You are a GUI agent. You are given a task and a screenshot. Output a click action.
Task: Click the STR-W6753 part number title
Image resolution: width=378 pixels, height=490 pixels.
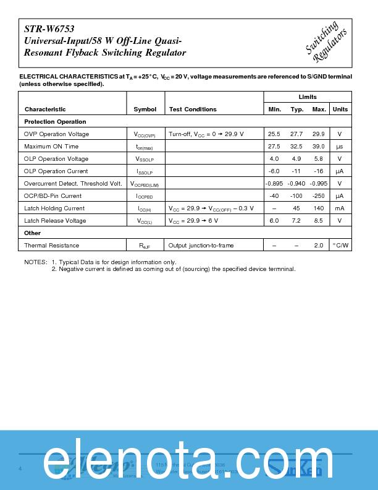click(x=45, y=28)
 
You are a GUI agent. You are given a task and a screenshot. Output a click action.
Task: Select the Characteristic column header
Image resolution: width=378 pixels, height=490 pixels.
click(x=45, y=110)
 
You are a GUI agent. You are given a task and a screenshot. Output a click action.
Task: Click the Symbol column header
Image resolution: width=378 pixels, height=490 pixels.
click(x=145, y=110)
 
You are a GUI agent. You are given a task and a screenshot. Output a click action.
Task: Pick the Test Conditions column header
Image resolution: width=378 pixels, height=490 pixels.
click(x=193, y=110)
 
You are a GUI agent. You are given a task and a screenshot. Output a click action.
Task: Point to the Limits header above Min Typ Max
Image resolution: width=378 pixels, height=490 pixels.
click(x=308, y=97)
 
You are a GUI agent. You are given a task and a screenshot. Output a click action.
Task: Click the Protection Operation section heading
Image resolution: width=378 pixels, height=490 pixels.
click(x=55, y=122)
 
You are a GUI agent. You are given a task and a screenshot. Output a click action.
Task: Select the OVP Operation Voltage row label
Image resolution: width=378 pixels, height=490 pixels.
click(x=56, y=134)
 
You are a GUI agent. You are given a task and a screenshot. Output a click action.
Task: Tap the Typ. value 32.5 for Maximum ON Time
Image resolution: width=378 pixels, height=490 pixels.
click(x=296, y=147)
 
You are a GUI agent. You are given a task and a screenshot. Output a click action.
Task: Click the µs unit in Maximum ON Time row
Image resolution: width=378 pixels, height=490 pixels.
click(x=340, y=147)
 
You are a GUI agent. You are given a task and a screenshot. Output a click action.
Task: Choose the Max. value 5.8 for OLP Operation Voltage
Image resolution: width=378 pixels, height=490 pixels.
click(x=319, y=159)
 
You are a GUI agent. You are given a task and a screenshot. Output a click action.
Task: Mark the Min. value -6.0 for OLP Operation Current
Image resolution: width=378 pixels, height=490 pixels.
click(x=274, y=171)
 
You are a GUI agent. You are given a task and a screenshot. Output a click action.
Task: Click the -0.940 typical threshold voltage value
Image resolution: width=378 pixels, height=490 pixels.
click(x=296, y=184)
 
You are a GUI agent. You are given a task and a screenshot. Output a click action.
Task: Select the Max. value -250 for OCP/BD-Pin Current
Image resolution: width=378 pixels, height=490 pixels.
click(x=319, y=196)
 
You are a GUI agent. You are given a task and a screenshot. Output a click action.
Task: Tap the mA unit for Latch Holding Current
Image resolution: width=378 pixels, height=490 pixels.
click(x=340, y=208)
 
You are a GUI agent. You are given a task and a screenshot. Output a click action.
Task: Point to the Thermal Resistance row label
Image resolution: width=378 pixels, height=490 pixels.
click(x=51, y=246)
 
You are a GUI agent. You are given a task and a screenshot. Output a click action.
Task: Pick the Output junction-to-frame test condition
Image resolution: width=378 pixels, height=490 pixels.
click(x=201, y=246)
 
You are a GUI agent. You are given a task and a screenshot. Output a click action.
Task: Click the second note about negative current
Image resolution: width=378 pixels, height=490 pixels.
click(x=174, y=269)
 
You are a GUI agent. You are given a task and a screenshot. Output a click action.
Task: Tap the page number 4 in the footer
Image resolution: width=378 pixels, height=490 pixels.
click(x=20, y=468)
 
